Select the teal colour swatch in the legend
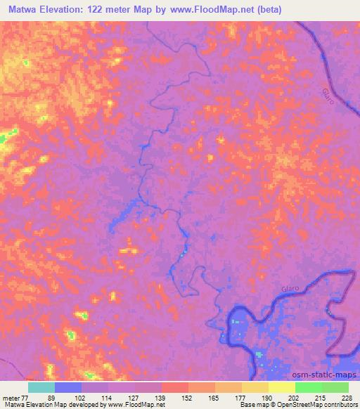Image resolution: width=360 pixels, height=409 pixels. click(x=41, y=387)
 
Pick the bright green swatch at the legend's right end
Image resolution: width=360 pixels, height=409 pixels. click(x=335, y=387)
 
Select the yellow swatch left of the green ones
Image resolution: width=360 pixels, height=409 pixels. click(x=281, y=387)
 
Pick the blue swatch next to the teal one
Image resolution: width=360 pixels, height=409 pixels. click(x=68, y=387)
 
